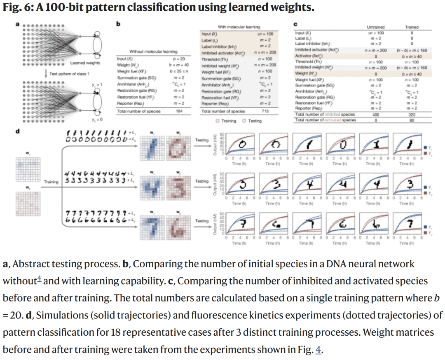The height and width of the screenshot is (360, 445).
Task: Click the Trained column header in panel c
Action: [x=412, y=27]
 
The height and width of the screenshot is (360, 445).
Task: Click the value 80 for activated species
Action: [x=412, y=120]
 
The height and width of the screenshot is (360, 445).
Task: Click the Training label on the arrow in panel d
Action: [x=52, y=181]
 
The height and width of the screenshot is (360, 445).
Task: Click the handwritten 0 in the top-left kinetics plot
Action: [x=243, y=144]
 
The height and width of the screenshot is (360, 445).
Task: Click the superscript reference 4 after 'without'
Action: [x=39, y=279]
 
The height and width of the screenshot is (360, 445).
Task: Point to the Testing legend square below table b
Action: [x=244, y=121]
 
